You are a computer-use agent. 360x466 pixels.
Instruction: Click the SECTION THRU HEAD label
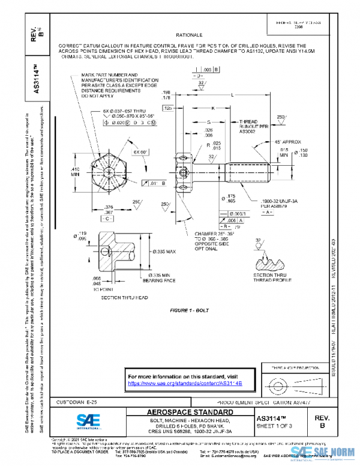tap(123, 298)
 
